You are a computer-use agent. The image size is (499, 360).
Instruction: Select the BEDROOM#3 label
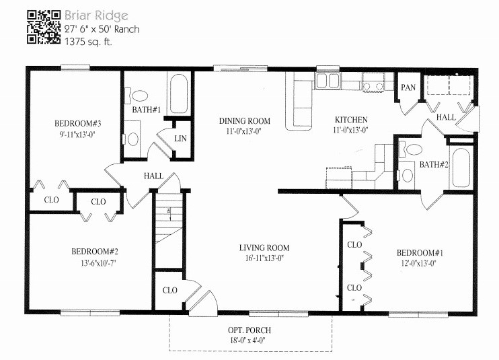(x=77, y=124)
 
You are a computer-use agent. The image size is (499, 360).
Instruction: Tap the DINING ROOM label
(x=245, y=121)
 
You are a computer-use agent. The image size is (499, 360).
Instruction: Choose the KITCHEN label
(x=351, y=121)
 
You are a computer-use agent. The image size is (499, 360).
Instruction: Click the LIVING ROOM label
(x=264, y=248)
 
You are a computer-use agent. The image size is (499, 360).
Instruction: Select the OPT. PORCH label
(x=250, y=330)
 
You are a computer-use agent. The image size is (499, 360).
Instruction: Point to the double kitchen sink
(x=328, y=81)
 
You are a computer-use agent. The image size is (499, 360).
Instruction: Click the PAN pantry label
(x=408, y=88)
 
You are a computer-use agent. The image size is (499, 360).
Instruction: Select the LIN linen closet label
(x=180, y=139)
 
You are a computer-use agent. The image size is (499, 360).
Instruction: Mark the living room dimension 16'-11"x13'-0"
(x=264, y=258)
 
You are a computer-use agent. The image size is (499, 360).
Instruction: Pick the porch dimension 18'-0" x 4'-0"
(x=250, y=340)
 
